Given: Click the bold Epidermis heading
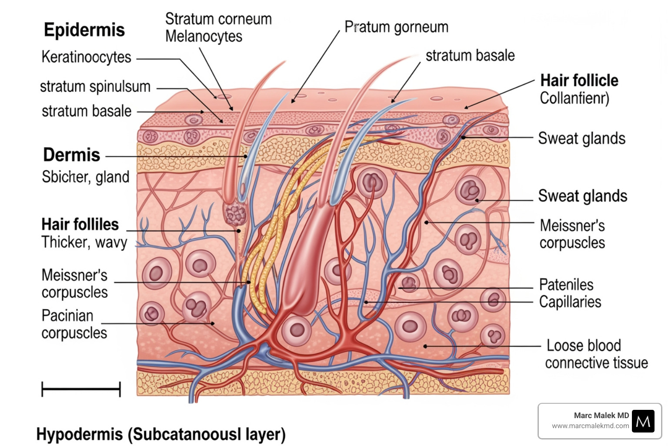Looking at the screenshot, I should pyautogui.click(x=84, y=30).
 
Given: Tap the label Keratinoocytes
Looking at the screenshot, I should pyautogui.click(x=86, y=57).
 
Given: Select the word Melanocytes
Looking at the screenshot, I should pyautogui.click(x=204, y=36).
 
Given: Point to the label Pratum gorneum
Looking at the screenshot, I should pyautogui.click(x=396, y=27).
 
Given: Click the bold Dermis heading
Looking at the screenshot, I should pyautogui.click(x=72, y=155).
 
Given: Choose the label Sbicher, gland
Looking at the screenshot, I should pyautogui.click(x=86, y=177).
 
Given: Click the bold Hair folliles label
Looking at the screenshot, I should pyautogui.click(x=80, y=224).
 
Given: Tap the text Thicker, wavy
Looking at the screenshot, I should pyautogui.click(x=84, y=242).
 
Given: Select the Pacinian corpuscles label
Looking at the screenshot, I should pyautogui.click(x=74, y=324).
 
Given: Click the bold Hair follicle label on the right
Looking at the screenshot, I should pyautogui.click(x=579, y=81).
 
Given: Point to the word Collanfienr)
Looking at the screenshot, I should pyautogui.click(x=574, y=98).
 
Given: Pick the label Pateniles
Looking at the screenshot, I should pyautogui.click(x=566, y=285).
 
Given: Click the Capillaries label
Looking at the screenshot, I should pyautogui.click(x=570, y=302).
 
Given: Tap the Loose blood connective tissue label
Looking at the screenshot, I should pyautogui.click(x=596, y=354).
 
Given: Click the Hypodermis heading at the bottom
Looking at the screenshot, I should pyautogui.click(x=161, y=434).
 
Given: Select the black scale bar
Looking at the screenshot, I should pyautogui.click(x=81, y=389).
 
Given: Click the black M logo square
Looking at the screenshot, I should pyautogui.click(x=643, y=421).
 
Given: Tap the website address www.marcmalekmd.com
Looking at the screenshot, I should pyautogui.click(x=590, y=426).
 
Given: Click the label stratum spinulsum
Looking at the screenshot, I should pyautogui.click(x=95, y=87).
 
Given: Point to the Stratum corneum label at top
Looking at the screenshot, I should pyautogui.click(x=218, y=19).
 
